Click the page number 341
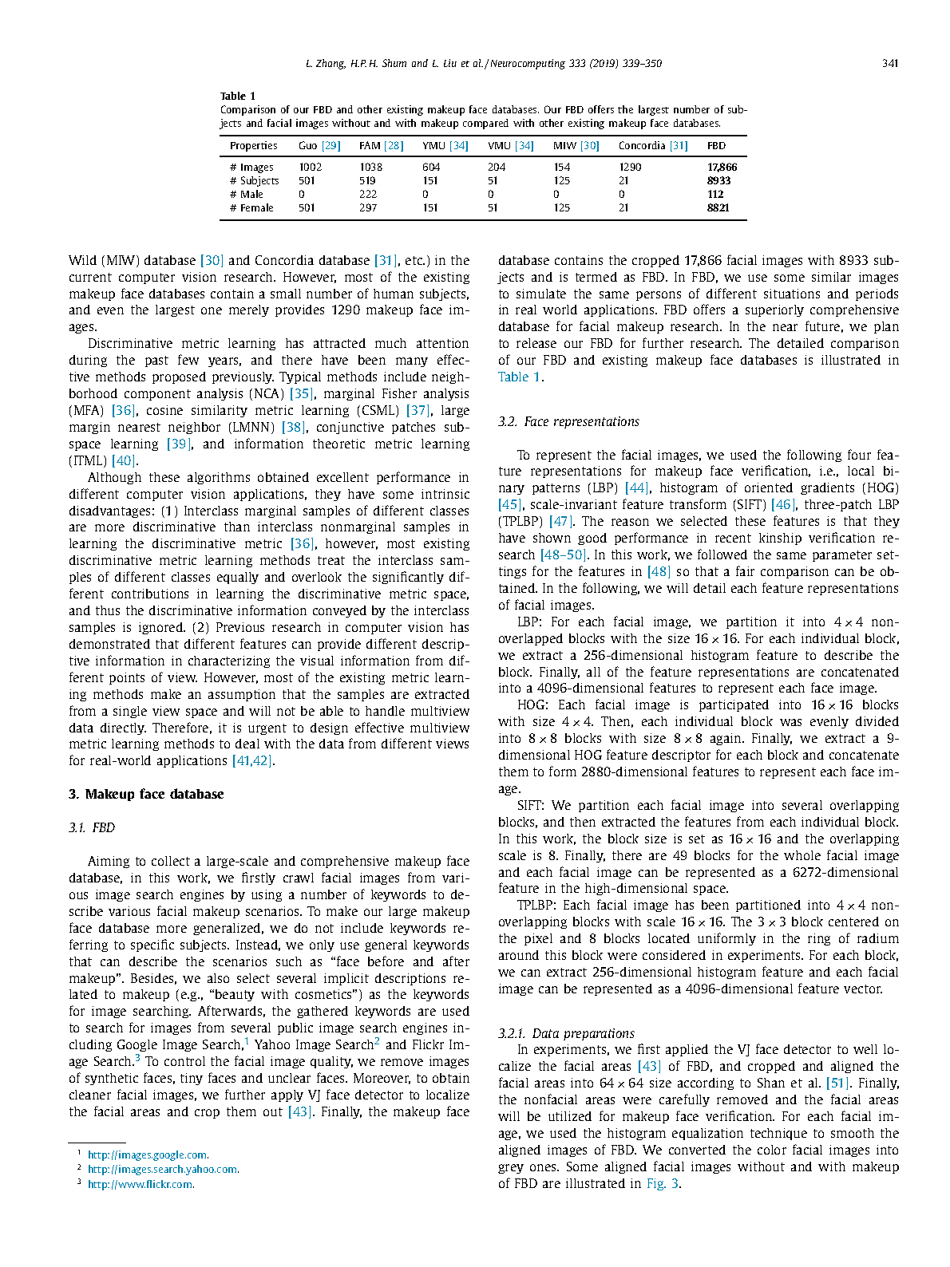(890, 64)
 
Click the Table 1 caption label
(238, 97)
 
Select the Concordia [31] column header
(652, 146)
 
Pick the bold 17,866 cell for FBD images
(722, 168)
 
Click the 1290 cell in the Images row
(630, 168)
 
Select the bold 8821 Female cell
(718, 208)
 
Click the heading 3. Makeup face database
(146, 795)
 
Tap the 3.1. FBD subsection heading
(92, 828)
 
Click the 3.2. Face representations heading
(568, 422)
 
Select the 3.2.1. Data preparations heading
(566, 1034)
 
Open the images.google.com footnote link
(148, 1155)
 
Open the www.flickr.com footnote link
(141, 1185)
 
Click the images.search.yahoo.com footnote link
(163, 1170)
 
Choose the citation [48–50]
(563, 555)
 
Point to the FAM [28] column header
(381, 146)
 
